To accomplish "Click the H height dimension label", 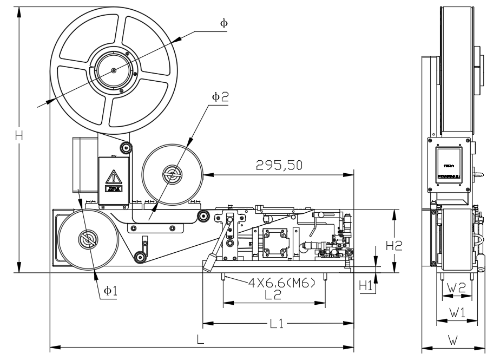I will (x=19, y=136).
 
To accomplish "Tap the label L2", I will (x=273, y=295).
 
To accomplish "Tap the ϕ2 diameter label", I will (x=220, y=96).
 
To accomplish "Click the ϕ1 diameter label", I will (x=110, y=290).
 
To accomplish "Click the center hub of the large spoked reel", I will (x=114, y=70).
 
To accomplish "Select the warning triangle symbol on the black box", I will (x=114, y=177).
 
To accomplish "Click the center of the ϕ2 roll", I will (x=173, y=174).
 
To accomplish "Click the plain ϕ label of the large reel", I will (x=223, y=23).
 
